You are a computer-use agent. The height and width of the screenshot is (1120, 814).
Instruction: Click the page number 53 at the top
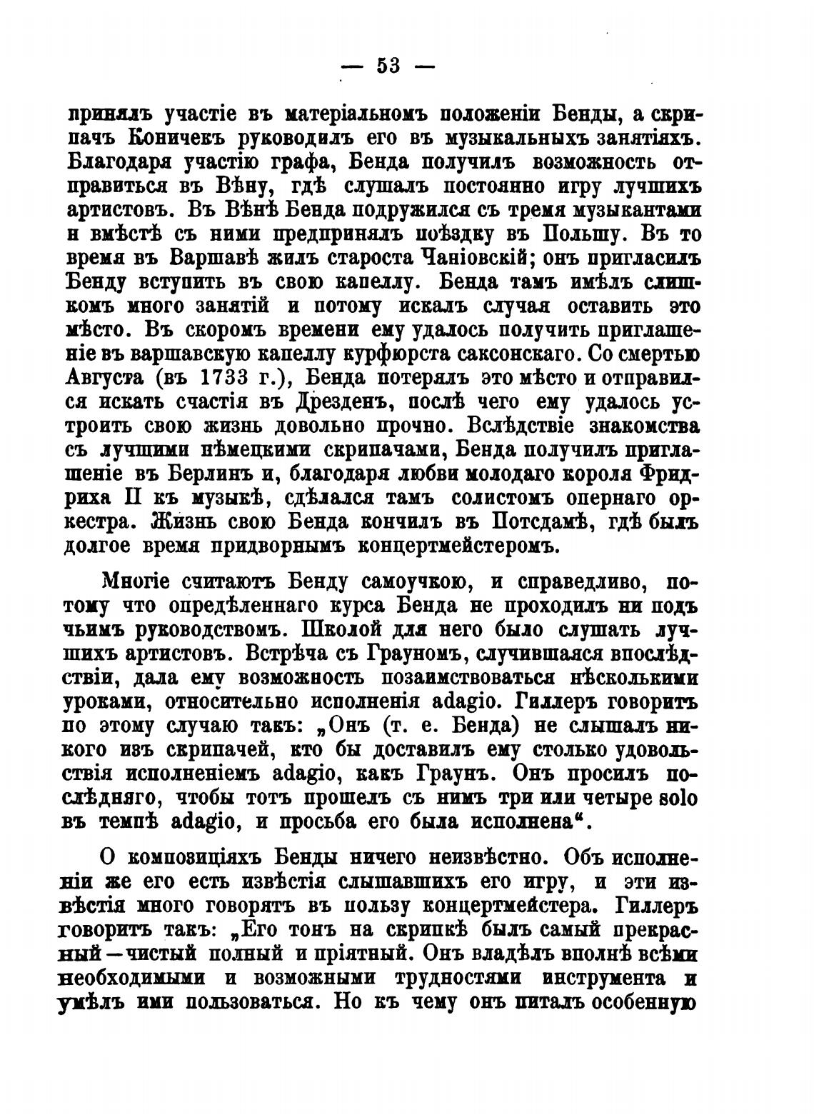click(388, 66)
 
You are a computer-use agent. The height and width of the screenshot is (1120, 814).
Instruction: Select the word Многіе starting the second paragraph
click(136, 581)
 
